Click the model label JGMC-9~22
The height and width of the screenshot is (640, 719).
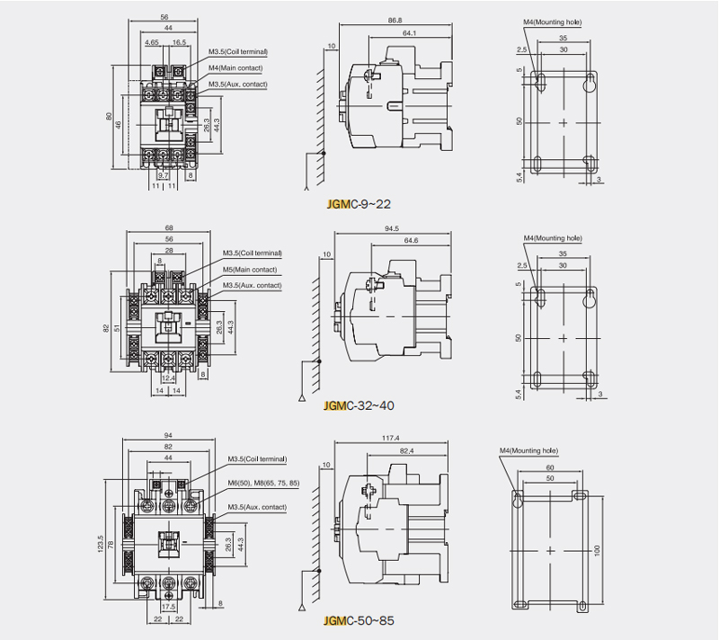coord(359,204)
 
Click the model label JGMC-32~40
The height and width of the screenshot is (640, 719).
coord(358,405)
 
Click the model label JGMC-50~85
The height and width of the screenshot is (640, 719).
coord(358,620)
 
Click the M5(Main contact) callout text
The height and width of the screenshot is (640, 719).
coord(250,270)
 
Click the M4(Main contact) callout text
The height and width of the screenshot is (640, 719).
coord(238,67)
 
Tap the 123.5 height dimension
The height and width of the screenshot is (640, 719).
coord(102,545)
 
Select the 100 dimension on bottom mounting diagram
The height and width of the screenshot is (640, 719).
coord(597,550)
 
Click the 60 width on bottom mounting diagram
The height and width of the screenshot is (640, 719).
coord(549,467)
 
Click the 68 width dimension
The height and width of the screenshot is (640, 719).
coord(169,227)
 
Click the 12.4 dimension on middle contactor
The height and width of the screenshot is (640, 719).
coord(168,378)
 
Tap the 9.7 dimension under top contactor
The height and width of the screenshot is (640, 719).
coord(163,175)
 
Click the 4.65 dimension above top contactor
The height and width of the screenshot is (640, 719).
coord(151,41)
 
